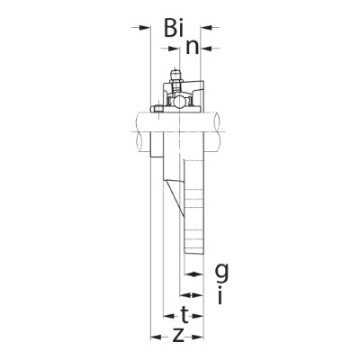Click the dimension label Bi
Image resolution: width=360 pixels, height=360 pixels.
pos(173,28)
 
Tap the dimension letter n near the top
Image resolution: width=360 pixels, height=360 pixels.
pos(193,46)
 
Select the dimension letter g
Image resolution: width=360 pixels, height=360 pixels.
pos(220,271)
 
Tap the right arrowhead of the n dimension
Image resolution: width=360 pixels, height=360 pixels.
pos(206,46)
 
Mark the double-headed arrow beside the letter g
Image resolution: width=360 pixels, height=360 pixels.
pos(193,271)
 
